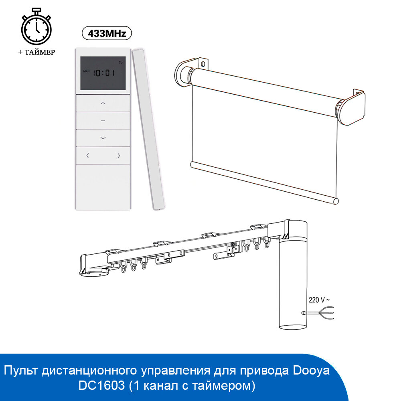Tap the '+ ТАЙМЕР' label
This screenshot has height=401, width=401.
click(x=36, y=52)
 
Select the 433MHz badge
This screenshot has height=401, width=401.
click(x=107, y=33)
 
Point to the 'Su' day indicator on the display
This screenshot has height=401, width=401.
click(x=121, y=63)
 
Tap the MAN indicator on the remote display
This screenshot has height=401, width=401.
click(x=87, y=71)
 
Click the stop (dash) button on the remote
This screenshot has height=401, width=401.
click(x=103, y=120)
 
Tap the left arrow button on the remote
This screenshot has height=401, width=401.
click(x=88, y=156)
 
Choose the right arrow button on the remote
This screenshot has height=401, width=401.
click(x=119, y=156)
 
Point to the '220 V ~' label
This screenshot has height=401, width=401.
click(x=319, y=299)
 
